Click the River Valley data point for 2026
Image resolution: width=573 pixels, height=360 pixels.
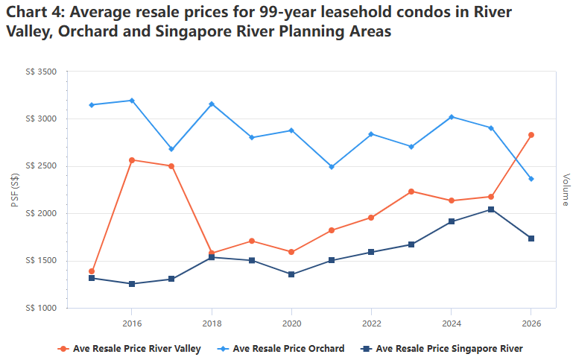pyautogui.click(x=531, y=135)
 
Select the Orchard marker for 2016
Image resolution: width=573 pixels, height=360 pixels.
pyautogui.click(x=132, y=100)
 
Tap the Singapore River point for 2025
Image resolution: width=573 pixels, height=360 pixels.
pyautogui.click(x=491, y=209)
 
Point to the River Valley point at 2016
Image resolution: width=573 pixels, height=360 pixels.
pyautogui.click(x=132, y=160)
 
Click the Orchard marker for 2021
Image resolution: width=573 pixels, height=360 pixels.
pyautogui.click(x=332, y=167)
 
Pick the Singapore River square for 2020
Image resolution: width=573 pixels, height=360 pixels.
pyautogui.click(x=291, y=274)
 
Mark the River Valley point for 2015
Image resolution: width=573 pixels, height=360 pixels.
pyautogui.click(x=92, y=271)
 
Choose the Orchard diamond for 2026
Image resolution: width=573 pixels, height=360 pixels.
pyautogui.click(x=531, y=179)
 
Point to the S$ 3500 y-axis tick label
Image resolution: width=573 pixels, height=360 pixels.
pyautogui.click(x=41, y=72)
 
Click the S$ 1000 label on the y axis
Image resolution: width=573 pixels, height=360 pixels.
pyautogui.click(x=41, y=308)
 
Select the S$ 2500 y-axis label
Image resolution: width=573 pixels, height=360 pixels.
pyautogui.click(x=41, y=166)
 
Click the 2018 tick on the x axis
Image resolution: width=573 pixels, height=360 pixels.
pyautogui.click(x=212, y=323)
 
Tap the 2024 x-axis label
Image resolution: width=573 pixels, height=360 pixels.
pyautogui.click(x=452, y=323)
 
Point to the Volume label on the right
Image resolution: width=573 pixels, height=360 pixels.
pyautogui.click(x=566, y=189)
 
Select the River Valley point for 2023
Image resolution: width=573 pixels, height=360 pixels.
pyautogui.click(x=411, y=192)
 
